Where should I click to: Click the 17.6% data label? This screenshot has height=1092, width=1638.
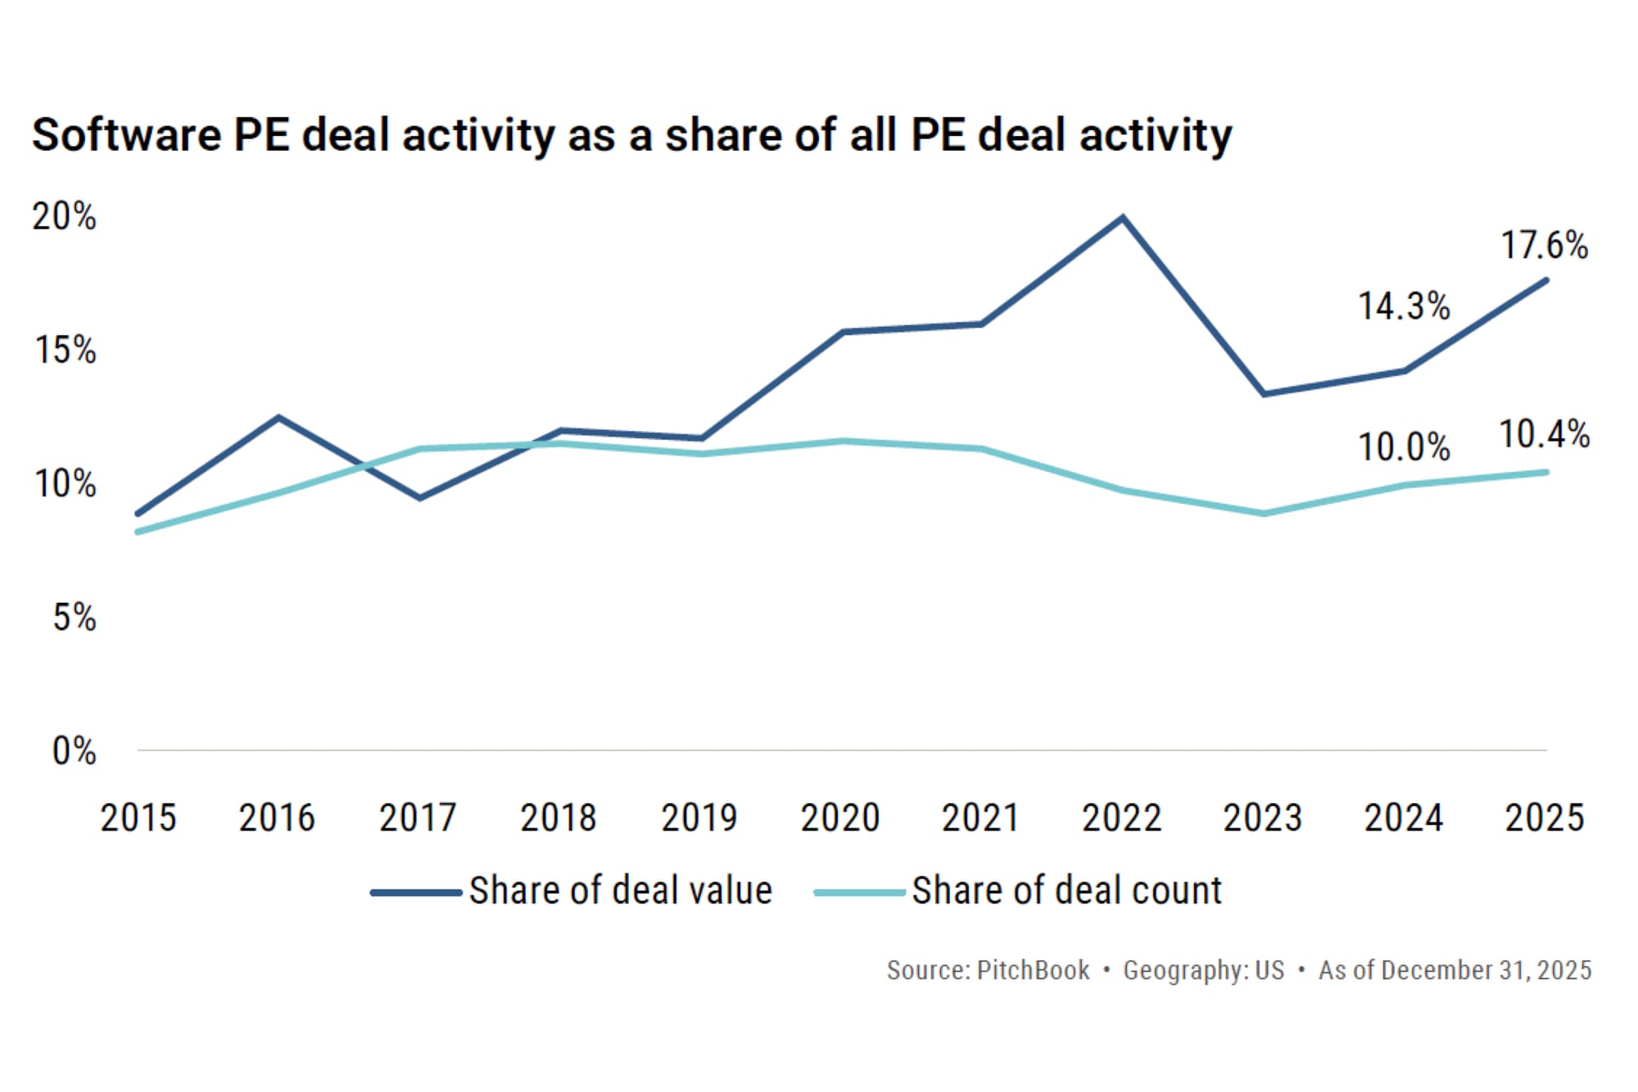(x=1544, y=245)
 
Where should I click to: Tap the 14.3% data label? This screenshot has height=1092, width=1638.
(x=1404, y=306)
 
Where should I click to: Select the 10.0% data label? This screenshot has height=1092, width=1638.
(x=1404, y=447)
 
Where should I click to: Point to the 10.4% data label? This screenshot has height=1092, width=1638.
(x=1544, y=434)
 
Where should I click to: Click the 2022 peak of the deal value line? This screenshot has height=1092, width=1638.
(x=1123, y=218)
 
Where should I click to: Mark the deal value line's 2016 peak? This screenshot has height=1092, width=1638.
(x=278, y=418)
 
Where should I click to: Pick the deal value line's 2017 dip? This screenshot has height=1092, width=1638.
(x=419, y=497)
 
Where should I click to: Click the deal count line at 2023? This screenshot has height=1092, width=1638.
(x=1264, y=514)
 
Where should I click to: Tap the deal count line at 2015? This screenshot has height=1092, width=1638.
(x=138, y=532)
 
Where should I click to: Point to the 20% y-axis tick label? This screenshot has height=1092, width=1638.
(x=64, y=217)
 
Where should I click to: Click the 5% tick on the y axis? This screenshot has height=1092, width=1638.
(x=74, y=618)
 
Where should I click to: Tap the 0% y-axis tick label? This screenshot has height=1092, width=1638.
(x=74, y=751)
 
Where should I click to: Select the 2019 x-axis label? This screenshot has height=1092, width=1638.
(x=699, y=818)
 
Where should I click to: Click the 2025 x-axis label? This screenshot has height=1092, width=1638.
(x=1544, y=818)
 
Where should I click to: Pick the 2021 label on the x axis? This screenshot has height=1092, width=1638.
(x=980, y=818)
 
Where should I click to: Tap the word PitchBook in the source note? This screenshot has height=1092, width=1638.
(x=1033, y=970)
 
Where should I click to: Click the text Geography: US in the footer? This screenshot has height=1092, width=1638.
(x=1203, y=970)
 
